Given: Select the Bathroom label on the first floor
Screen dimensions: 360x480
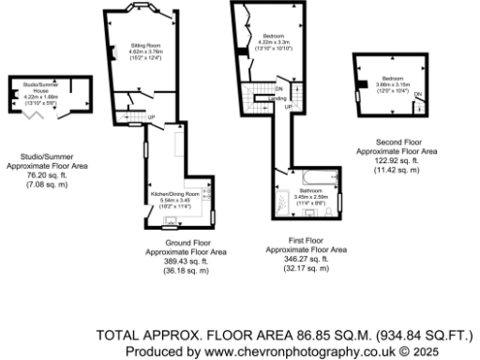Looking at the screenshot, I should point(309,191).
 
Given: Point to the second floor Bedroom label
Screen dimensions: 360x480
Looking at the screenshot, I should point(392,79).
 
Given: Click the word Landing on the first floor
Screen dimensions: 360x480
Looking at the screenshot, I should point(277,97).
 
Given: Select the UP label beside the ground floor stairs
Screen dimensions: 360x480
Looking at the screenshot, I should point(152,117).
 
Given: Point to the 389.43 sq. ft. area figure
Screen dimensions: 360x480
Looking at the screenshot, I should point(185,262).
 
